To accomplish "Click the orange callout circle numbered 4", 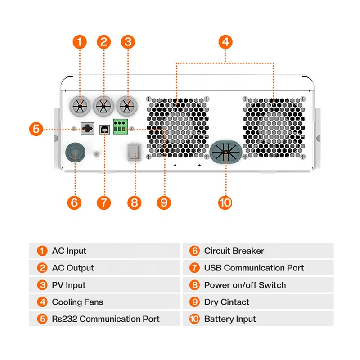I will coord(225,42).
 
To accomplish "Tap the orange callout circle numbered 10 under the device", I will coord(225,202).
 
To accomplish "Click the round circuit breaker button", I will coord(74,152).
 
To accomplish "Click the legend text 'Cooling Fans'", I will coord(77,302).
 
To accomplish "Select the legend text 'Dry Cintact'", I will coord(226,302).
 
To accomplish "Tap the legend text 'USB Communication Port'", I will coord(254,268).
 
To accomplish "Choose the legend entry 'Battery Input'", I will coord(229,319).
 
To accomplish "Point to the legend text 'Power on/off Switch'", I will coord(245,285).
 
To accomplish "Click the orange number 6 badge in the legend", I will coord(194,251).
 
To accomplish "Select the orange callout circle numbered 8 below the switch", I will coord(134,202).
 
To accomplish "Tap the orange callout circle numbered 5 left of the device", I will coord(37,129).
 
